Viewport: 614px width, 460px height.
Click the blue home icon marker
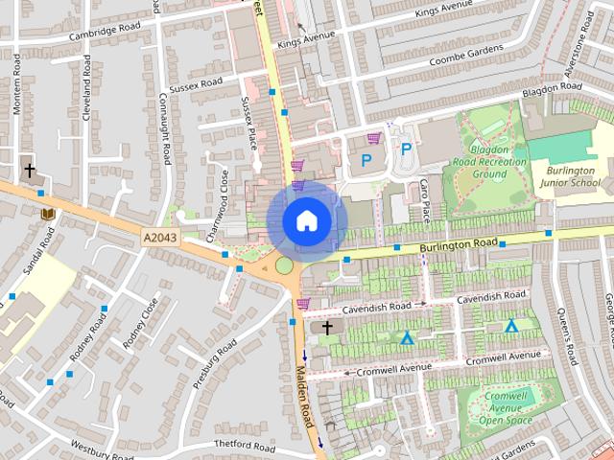307,220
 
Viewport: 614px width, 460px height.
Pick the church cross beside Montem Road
29,171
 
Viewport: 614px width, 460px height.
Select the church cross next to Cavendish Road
327,328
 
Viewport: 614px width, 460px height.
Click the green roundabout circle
284,264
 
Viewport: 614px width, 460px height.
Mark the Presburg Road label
213,363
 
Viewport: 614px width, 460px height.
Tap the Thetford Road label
244,448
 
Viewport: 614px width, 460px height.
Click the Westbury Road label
101,449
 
